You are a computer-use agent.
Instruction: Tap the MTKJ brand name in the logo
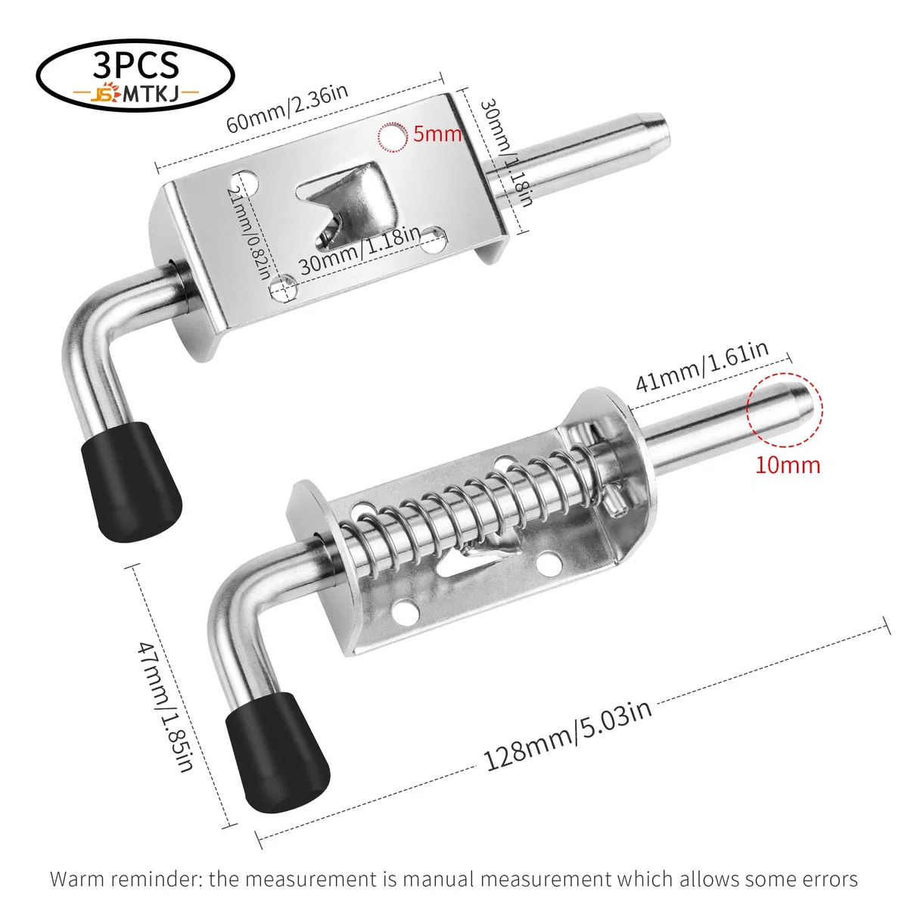click(151, 95)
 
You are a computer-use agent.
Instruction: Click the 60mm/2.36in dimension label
click(287, 109)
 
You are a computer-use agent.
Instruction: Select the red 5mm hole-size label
click(437, 134)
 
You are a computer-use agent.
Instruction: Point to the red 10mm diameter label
click(788, 465)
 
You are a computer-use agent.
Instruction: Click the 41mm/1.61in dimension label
click(702, 366)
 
